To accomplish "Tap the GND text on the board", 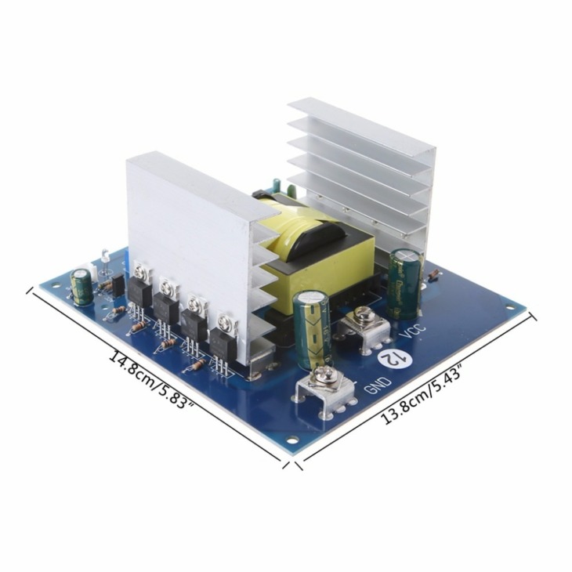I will [x=371, y=386].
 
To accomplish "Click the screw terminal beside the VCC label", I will [x=363, y=317].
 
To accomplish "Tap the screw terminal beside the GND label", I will [x=322, y=382].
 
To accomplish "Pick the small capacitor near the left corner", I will [x=81, y=287].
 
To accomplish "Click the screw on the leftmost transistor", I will [x=142, y=272].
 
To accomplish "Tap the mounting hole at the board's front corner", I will [x=291, y=440].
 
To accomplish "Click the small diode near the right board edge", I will [x=433, y=275].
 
